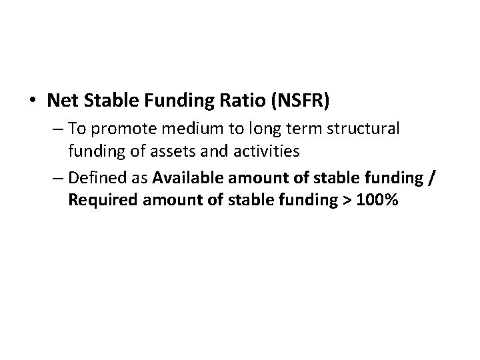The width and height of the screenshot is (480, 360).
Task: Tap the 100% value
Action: (x=377, y=200)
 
